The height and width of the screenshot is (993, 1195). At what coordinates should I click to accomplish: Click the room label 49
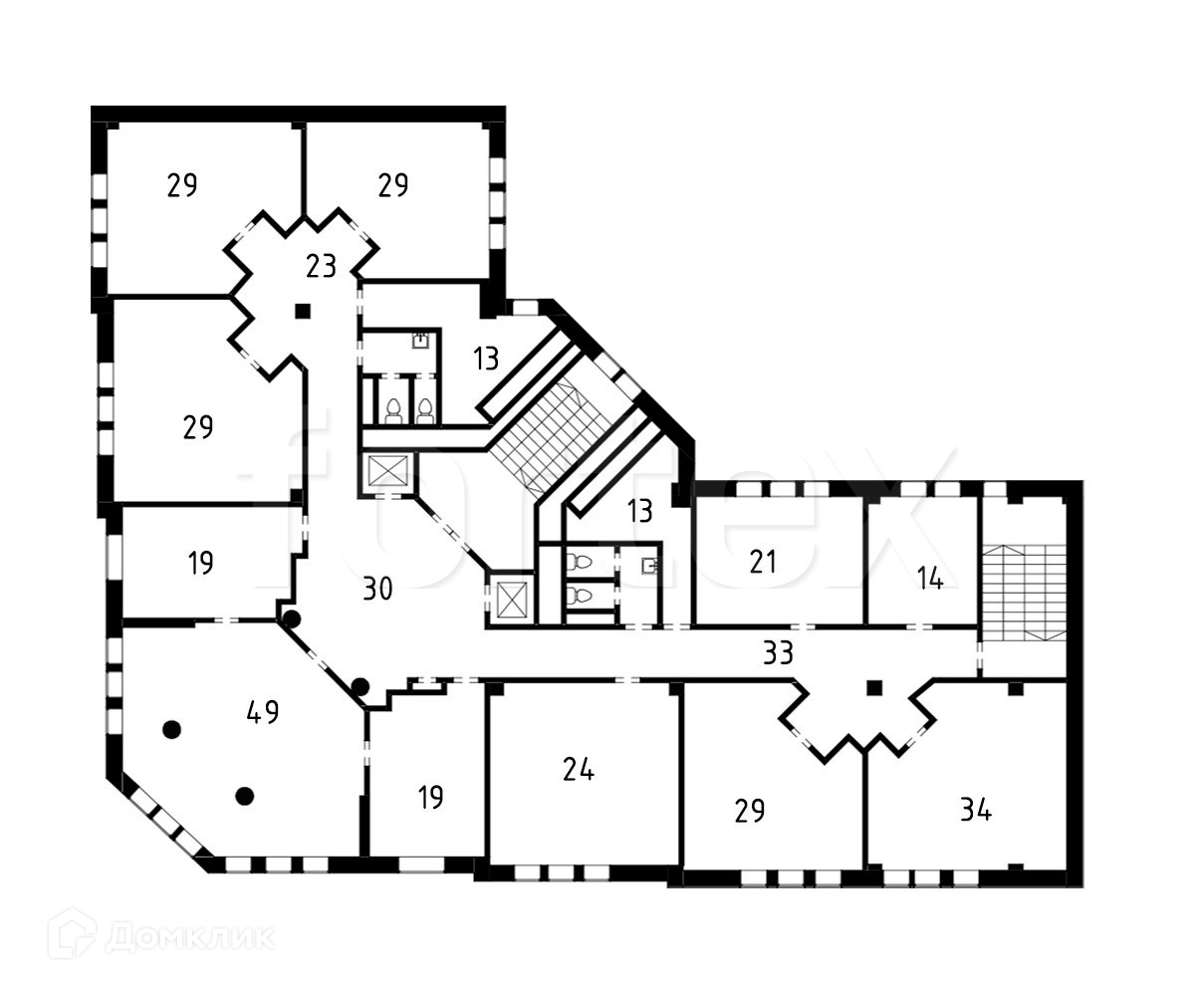[262, 712]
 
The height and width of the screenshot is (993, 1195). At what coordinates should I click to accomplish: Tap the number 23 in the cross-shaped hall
[321, 267]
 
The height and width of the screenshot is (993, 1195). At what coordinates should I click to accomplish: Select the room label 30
[377, 590]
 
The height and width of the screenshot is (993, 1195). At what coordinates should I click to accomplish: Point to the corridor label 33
[778, 653]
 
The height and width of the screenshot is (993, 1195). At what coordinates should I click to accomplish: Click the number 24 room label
[579, 770]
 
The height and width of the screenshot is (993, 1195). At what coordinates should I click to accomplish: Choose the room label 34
[976, 811]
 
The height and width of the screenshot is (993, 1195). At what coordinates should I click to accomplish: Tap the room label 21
[763, 562]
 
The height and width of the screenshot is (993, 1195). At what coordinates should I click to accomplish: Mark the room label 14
[930, 579]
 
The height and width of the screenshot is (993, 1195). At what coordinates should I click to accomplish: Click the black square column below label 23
[303, 311]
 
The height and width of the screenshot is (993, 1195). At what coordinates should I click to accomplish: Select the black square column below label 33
[874, 687]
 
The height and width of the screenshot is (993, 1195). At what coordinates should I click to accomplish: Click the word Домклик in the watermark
[190, 936]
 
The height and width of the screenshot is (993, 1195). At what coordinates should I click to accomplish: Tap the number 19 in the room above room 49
[201, 564]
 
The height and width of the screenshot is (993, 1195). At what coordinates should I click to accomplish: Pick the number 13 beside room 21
[640, 511]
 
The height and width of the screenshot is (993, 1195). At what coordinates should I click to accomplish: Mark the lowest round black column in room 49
[244, 795]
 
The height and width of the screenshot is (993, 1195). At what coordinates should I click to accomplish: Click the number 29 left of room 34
[750, 811]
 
